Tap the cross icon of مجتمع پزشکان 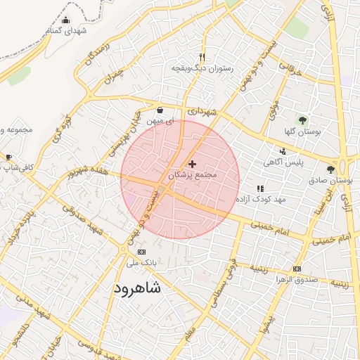[x=193, y=164]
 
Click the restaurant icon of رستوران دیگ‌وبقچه [x=202, y=58]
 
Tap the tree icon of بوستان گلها [x=302, y=120]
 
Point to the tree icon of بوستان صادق [x=330, y=169]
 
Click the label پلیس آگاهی [x=283, y=162]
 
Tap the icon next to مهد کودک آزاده [x=260, y=188]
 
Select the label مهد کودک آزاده [x=260, y=200]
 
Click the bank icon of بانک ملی [x=141, y=252]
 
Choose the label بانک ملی [x=141, y=263]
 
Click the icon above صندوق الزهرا [x=297, y=269]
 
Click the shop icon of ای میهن [x=160, y=110]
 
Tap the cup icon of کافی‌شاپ [x=8, y=157]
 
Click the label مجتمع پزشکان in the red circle [x=193, y=174]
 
